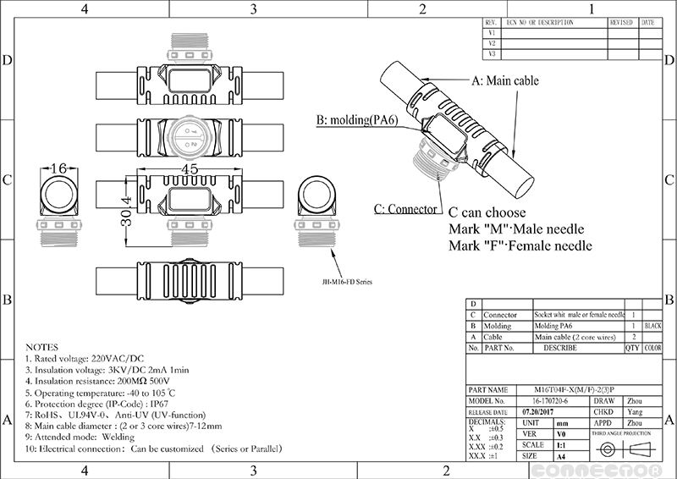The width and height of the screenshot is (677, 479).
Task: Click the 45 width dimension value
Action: click(189, 169)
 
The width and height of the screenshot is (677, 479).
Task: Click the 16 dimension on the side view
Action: click(58, 169)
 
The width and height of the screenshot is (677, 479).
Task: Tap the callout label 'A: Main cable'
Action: click(504, 81)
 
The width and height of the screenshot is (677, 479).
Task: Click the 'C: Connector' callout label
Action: click(406, 208)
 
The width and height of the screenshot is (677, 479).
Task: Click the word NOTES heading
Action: click(43, 347)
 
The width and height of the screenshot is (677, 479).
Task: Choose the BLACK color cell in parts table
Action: click(652, 325)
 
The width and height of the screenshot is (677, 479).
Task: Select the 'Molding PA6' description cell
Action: click(555, 325)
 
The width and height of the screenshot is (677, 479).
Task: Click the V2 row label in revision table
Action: click(492, 42)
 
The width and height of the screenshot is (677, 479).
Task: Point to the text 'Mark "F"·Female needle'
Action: click(520, 246)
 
